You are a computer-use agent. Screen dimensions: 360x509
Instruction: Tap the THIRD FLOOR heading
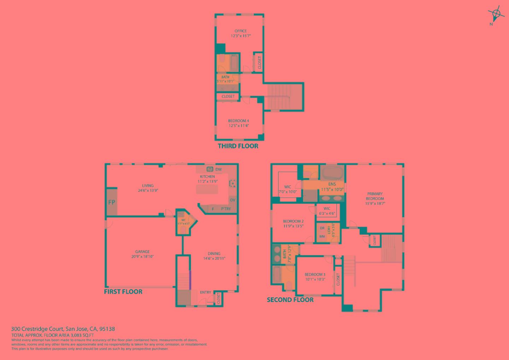click(x=238, y=146)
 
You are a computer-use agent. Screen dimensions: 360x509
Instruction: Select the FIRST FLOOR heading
click(x=123, y=292)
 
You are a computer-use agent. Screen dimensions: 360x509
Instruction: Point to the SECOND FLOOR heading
click(x=290, y=300)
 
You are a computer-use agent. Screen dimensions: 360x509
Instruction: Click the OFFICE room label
click(x=241, y=31)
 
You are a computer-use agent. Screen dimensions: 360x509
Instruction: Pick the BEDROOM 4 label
click(x=239, y=121)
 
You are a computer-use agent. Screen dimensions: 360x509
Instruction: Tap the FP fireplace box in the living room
click(x=112, y=203)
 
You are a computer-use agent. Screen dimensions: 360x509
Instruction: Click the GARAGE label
click(x=142, y=252)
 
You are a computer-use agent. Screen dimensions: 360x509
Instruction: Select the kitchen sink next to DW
click(x=210, y=169)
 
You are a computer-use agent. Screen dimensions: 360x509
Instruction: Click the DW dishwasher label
click(x=218, y=169)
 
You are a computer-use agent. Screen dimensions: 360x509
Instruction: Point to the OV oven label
click(x=232, y=200)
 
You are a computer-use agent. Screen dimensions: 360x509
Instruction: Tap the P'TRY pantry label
click(x=226, y=209)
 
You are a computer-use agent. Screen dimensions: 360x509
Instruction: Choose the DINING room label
click(x=214, y=254)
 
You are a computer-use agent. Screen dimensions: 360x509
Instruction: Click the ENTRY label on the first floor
click(x=205, y=292)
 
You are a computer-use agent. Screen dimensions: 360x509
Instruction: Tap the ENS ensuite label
click(x=332, y=184)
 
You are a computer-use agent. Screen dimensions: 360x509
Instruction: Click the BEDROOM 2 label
click(x=293, y=222)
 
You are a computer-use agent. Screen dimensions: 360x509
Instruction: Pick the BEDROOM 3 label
click(x=315, y=274)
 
